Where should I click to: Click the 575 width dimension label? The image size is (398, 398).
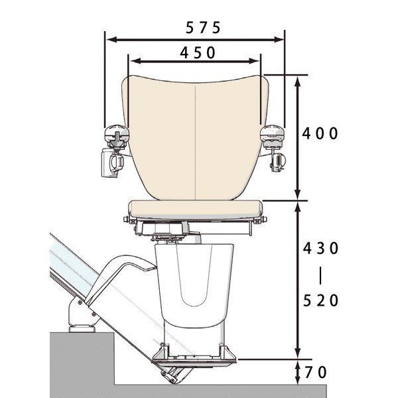tap(203, 27)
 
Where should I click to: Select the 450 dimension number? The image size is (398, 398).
tap(198, 53)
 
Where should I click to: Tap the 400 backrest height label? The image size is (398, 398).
tap(320, 133)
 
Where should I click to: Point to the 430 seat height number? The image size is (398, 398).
tap(321, 248)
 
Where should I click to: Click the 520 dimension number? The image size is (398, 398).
tap(321, 300)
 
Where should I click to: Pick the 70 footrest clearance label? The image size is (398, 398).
tap(316, 372)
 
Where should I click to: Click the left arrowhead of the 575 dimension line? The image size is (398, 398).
tap(111, 39)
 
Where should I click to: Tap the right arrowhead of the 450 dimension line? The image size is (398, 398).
tap(254, 61)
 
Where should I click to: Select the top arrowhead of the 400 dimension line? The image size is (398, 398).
tap(298, 82)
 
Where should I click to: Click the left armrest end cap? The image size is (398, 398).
tap(117, 133)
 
